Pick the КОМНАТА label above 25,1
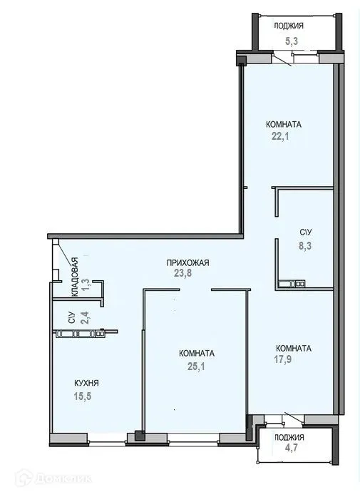click(197, 353)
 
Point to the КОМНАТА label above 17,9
click(293, 348)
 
